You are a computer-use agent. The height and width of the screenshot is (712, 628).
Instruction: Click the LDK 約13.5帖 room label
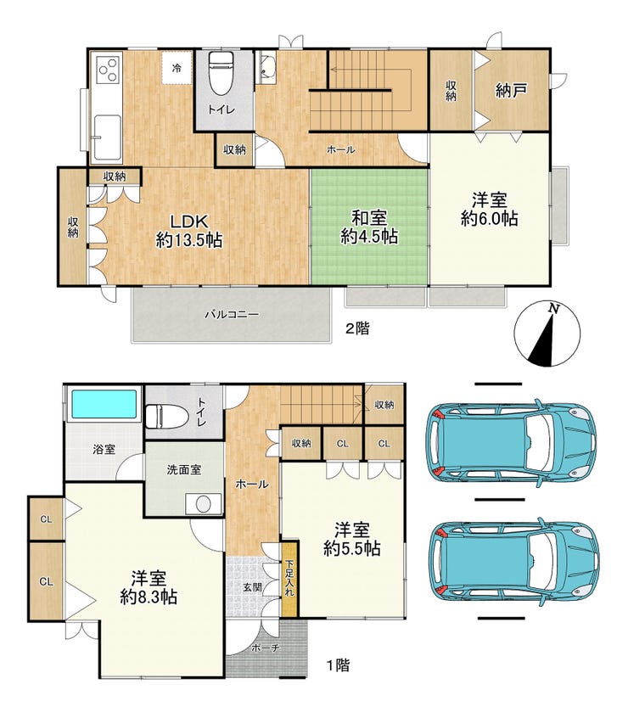(x=189, y=231)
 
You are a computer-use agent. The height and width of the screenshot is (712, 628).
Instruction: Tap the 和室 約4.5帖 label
(x=369, y=227)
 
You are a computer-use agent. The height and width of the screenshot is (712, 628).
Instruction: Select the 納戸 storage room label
(x=511, y=90)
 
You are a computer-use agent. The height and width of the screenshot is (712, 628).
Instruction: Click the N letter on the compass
(x=553, y=308)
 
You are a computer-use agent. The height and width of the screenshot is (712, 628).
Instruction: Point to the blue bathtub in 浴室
(x=104, y=404)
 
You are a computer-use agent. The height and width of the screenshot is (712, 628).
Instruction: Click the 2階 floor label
(x=357, y=328)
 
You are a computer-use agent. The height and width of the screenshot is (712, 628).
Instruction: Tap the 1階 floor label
(x=339, y=665)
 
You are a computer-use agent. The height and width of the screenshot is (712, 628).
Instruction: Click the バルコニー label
(x=232, y=314)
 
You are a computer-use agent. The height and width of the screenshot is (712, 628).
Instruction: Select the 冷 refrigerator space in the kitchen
(x=177, y=68)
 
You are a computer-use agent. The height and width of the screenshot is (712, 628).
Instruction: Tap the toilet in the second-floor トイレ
(x=221, y=72)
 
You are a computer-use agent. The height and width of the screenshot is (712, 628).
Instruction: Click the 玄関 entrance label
(x=252, y=587)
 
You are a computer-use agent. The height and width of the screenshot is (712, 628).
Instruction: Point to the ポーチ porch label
(x=265, y=648)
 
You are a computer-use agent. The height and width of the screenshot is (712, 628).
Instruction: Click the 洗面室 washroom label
(x=184, y=469)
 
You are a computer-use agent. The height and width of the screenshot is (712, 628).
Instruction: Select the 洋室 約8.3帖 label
(x=149, y=587)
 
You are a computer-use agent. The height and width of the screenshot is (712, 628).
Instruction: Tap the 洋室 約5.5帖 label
(x=352, y=539)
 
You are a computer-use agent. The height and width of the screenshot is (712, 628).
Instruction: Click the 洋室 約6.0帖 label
(x=489, y=209)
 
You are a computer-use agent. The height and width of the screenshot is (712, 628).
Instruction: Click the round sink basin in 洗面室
(x=203, y=503)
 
